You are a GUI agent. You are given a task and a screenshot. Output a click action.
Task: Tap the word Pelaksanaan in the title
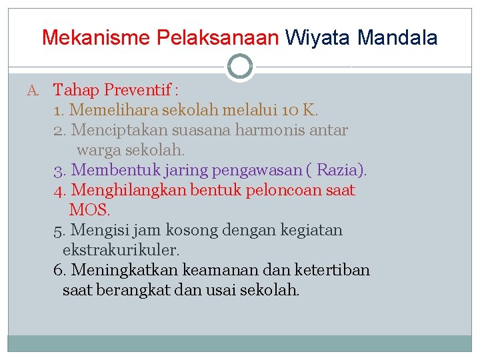click(x=218, y=37)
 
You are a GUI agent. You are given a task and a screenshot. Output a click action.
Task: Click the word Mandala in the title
click(x=397, y=37)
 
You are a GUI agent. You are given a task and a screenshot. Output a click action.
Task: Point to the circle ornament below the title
click(x=240, y=67)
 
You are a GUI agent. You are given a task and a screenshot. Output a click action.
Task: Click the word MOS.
click(x=89, y=210)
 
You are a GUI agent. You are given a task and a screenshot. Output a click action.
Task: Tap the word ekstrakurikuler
click(x=121, y=251)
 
